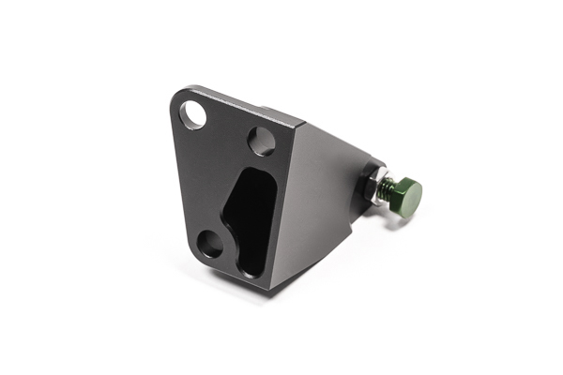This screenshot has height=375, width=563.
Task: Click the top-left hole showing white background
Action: (x=195, y=114)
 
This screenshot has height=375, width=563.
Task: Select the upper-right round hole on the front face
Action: (x=262, y=142)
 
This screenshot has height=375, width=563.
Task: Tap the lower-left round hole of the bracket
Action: (x=210, y=245)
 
